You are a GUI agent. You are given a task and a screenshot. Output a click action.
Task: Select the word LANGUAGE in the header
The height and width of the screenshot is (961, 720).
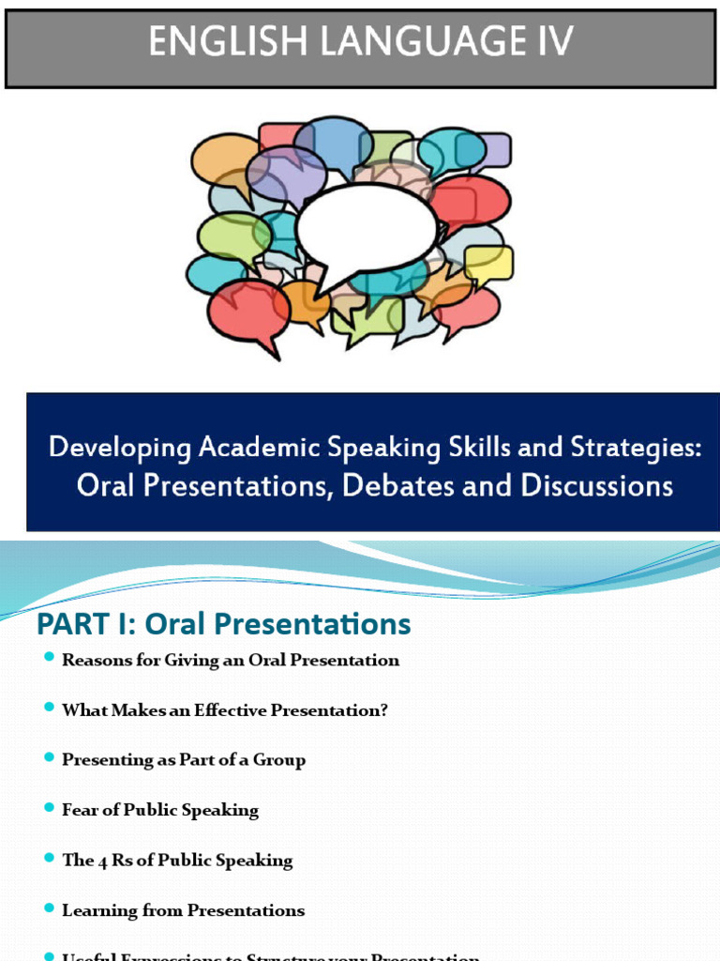pos(410,43)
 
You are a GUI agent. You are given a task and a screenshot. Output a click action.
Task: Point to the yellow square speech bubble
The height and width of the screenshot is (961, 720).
pos(488,264)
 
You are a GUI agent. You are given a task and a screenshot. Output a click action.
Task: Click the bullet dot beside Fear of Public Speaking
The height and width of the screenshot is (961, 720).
pos(50,807)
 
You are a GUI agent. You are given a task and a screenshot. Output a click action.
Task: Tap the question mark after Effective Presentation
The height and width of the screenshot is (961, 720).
pos(382,710)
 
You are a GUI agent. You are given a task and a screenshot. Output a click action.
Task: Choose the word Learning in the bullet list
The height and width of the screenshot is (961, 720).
pos(97,910)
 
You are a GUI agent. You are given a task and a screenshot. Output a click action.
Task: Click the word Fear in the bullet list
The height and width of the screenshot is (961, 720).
pos(79,810)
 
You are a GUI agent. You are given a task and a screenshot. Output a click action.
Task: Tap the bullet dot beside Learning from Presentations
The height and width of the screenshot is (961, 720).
pos(50,908)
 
